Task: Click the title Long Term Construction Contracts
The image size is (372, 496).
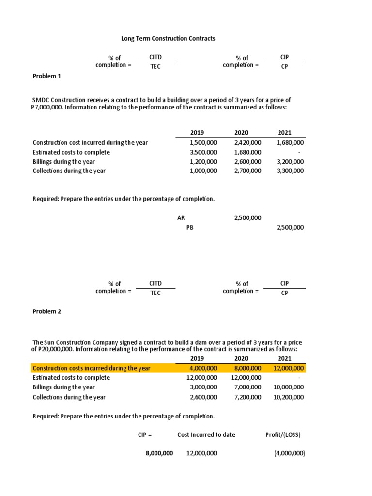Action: point(168,38)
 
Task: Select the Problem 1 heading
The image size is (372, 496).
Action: point(46,76)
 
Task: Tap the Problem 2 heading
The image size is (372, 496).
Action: point(46,311)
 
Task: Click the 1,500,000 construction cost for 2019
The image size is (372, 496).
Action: point(203,142)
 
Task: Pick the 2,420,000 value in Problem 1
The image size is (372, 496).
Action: point(248,142)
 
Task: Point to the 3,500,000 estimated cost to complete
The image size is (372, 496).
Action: point(203,152)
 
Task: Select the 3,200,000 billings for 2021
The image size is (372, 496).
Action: point(291,161)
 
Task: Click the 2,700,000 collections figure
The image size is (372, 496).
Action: point(248,170)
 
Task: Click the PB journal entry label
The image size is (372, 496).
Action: point(190,227)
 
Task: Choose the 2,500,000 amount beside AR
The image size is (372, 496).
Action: point(248,218)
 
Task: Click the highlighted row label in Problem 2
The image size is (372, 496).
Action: point(92,368)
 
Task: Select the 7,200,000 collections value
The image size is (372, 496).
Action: point(248,397)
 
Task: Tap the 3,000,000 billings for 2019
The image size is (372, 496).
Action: point(203,387)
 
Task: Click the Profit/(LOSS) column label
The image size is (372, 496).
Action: point(283,434)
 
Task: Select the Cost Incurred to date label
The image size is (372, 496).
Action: point(206,434)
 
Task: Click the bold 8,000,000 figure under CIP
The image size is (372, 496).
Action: point(159,453)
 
